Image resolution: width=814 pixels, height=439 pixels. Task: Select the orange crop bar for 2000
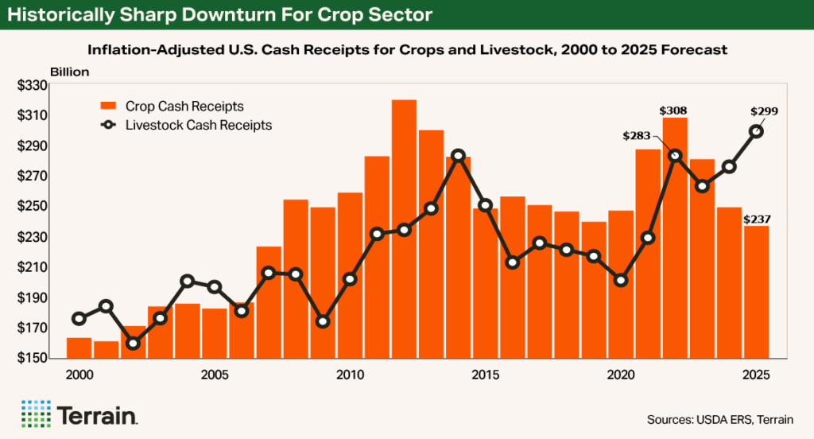pos(79,348)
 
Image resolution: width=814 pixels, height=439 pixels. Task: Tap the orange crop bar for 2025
pos(756,292)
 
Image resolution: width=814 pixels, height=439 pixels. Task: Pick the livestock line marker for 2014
pos(458,155)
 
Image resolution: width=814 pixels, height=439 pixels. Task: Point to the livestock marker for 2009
pos(323,321)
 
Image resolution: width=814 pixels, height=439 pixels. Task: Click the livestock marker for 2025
pos(757,131)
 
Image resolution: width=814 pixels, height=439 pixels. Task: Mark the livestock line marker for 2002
pos(133,344)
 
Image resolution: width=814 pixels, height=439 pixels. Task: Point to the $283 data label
pos(637,137)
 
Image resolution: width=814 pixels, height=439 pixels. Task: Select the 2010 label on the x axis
pos(349,374)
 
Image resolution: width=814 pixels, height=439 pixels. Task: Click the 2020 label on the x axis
pos(620,374)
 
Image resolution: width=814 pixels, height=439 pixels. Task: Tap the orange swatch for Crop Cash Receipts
pos(109,106)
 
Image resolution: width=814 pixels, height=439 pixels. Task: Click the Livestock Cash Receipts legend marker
pos(109,125)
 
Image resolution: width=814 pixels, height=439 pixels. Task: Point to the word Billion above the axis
pos(70,72)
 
